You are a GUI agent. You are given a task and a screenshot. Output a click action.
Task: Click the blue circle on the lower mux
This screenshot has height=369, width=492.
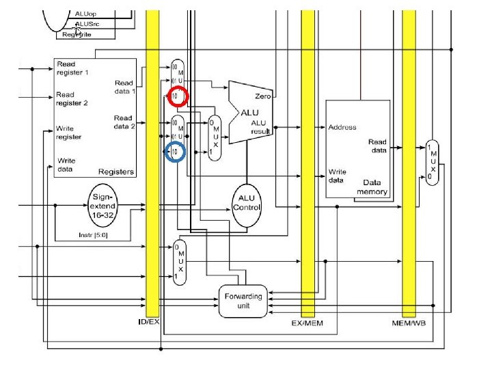(175, 151)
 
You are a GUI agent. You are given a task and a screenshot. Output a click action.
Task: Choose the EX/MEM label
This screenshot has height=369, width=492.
(307, 321)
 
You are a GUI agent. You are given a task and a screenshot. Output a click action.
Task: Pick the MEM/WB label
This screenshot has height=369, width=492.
(408, 321)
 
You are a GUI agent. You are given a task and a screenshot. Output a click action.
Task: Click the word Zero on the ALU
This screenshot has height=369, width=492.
(263, 97)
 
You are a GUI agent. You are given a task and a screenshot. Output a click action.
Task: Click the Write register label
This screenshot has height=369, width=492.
(69, 133)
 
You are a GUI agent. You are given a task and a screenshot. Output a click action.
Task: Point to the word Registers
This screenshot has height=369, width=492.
(115, 172)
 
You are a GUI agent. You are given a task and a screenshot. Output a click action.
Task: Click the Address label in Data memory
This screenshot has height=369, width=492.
(342, 127)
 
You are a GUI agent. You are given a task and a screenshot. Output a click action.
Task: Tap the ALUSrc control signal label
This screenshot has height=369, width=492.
(87, 23)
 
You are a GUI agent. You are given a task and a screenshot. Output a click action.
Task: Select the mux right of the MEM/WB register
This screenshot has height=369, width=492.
(431, 161)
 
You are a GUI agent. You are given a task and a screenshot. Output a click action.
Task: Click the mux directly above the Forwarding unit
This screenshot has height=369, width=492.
(179, 262)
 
